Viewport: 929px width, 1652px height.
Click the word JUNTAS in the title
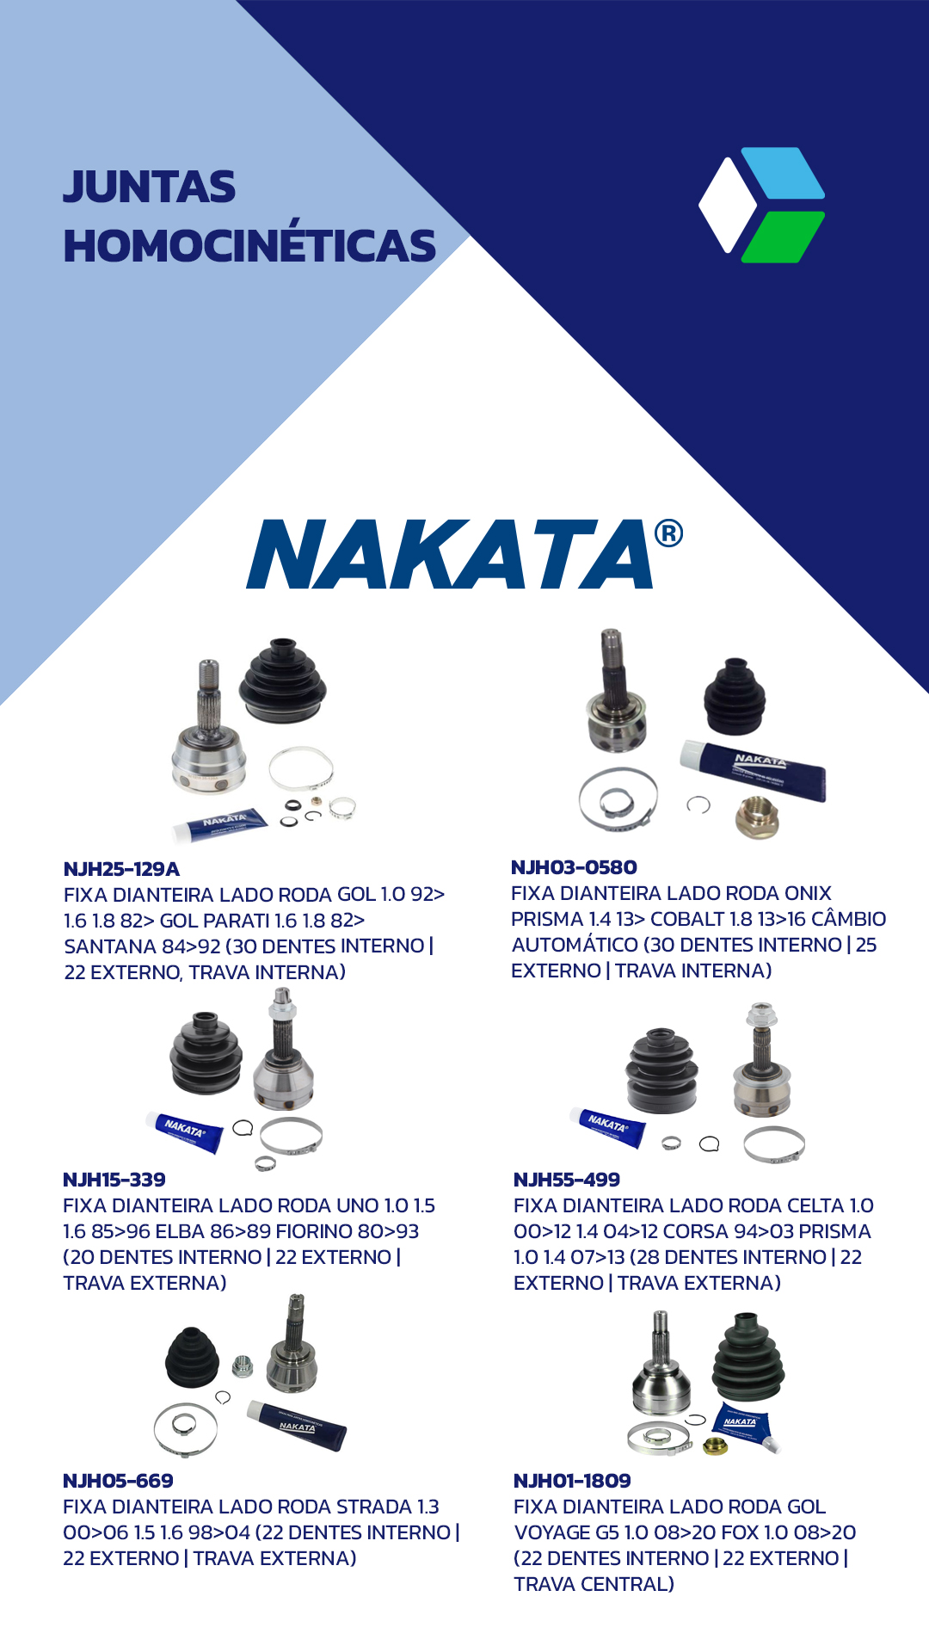pos(149,187)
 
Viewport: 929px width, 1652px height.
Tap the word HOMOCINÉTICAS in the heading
pos(249,245)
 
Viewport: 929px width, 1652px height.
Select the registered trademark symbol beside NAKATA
pos(669,533)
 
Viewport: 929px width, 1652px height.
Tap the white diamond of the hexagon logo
pos(728,205)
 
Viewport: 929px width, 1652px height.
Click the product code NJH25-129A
pos(121,869)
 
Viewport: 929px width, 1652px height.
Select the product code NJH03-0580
pos(574,867)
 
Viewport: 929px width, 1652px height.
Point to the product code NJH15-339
pos(114,1180)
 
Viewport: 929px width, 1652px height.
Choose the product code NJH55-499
pos(567,1180)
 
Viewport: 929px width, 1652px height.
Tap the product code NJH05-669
pos(118,1481)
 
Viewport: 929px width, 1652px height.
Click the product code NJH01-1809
pos(572,1481)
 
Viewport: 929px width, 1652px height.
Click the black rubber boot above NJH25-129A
pos(283,680)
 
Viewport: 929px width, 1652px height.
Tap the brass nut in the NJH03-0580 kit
pos(757,817)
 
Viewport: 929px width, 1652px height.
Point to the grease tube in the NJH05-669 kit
pos(297,1425)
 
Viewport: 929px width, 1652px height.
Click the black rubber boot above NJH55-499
pos(661,1069)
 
